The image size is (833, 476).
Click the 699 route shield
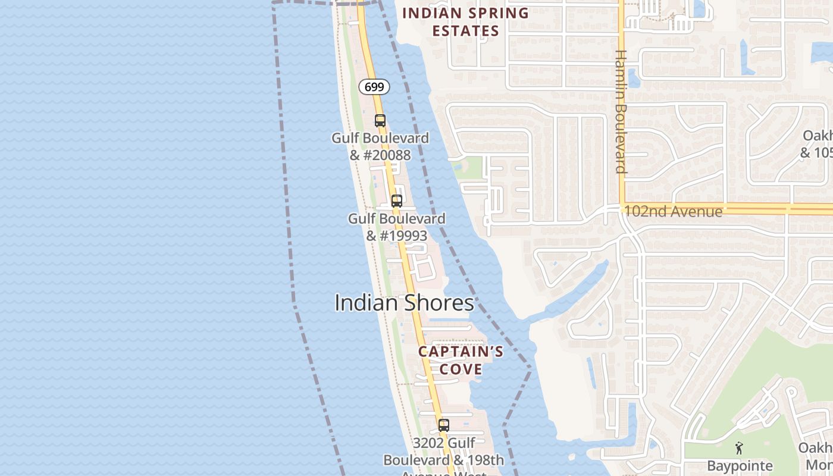pyautogui.click(x=374, y=87)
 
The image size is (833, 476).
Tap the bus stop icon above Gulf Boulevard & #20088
pyautogui.click(x=380, y=121)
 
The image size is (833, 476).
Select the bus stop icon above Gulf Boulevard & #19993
pyautogui.click(x=396, y=201)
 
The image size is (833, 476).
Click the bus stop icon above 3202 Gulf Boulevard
pyautogui.click(x=443, y=425)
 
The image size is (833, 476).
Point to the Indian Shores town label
pyautogui.click(x=404, y=303)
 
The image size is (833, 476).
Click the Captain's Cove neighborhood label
pyautogui.click(x=461, y=360)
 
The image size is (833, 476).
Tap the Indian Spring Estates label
pyautogui.click(x=465, y=22)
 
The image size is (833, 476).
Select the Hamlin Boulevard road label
pyautogui.click(x=621, y=111)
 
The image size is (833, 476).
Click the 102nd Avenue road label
pyautogui.click(x=672, y=211)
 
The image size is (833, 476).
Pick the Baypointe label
pyautogui.click(x=740, y=465)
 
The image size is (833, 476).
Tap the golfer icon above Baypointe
pyautogui.click(x=739, y=448)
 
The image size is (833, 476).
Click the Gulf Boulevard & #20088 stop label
pyautogui.click(x=380, y=146)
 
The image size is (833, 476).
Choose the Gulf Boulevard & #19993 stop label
pyautogui.click(x=396, y=227)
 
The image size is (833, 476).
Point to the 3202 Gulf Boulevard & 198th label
pyautogui.click(x=444, y=452)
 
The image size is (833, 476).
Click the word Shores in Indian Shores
pyautogui.click(x=439, y=303)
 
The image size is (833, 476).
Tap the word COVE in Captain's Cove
pyautogui.click(x=461, y=369)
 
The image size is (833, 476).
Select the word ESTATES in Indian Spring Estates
pyautogui.click(x=465, y=31)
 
